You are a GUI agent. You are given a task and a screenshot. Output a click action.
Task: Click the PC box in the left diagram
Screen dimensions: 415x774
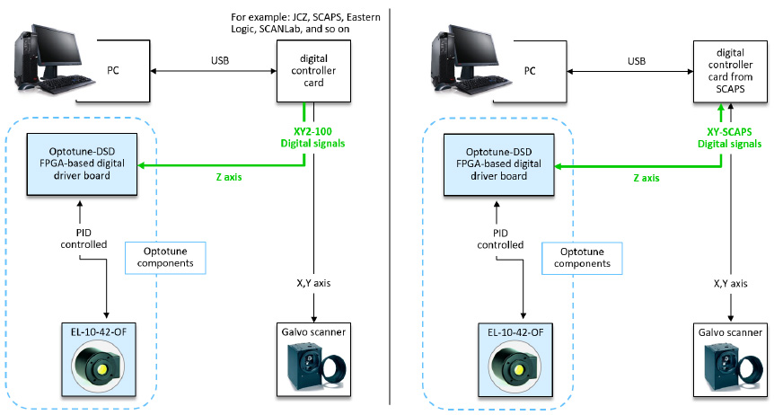[113, 69]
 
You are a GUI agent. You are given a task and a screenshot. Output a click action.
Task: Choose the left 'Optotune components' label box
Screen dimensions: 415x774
[165, 258]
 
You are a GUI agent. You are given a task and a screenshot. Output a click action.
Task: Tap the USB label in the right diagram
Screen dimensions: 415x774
[636, 60]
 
